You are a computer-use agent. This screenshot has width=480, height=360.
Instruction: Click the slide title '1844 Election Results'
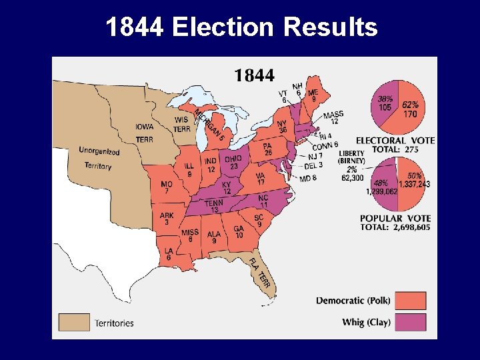241,27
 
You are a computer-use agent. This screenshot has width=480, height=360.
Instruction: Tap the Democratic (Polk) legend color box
415,300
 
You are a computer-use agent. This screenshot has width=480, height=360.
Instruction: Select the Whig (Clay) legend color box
415,323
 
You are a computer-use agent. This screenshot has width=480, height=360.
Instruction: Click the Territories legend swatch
70,323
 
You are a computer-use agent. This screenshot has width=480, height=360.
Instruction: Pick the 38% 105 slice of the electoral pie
386,103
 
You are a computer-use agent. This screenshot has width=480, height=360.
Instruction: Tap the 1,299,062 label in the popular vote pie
382,187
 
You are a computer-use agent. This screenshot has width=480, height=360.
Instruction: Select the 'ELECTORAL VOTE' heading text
395,141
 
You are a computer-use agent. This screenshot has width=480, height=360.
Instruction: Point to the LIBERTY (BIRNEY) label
351,157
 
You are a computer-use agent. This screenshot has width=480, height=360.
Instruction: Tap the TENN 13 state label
214,207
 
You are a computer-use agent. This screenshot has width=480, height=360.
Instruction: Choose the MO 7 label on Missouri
167,187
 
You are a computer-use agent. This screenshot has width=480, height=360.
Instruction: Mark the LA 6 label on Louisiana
169,254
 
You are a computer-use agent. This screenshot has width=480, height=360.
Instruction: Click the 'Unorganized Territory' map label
98,159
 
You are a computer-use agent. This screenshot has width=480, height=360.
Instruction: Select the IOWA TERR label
144,133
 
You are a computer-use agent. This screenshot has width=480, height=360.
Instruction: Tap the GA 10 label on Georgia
239,232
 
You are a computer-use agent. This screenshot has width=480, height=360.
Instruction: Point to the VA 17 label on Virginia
261,179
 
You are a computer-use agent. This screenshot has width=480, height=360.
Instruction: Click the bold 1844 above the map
254,75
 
